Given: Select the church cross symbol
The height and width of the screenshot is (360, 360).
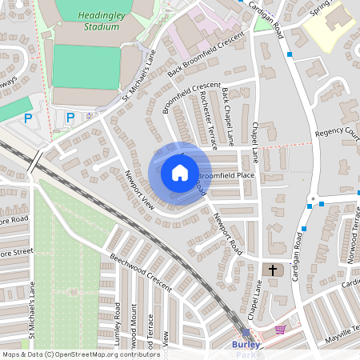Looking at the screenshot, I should [273, 270].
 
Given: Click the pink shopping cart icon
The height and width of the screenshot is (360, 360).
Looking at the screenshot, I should [280, 329].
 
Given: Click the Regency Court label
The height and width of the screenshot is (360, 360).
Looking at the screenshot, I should [337, 133].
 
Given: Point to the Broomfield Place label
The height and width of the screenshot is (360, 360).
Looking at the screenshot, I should [226, 174].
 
